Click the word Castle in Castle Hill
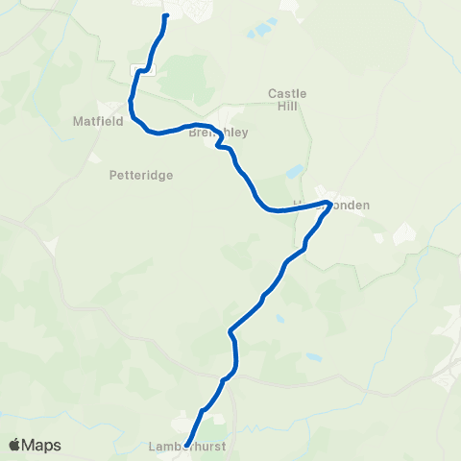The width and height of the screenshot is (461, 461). [287, 93]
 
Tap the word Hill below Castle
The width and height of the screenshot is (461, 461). [287, 107]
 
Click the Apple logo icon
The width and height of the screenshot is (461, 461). [14, 445]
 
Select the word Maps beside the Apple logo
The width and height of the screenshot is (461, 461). [41, 445]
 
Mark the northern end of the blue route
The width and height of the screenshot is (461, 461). [166, 15]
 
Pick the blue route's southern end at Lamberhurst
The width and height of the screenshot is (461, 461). [186, 444]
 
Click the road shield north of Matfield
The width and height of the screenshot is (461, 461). [141, 69]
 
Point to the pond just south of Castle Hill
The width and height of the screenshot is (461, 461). [293, 174]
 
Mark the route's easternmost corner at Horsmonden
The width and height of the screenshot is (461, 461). [329, 203]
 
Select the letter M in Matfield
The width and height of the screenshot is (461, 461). [77, 122]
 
